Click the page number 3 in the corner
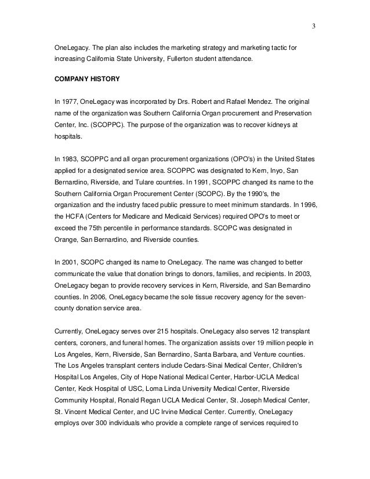(313, 26)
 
